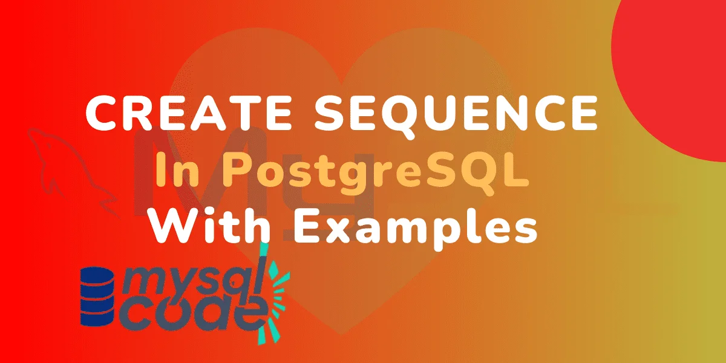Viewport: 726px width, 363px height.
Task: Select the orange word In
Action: tap(172, 172)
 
